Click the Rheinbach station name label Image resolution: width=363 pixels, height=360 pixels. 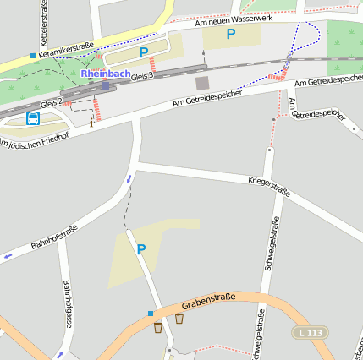point(105,73)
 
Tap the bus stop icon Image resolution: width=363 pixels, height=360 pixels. point(33,118)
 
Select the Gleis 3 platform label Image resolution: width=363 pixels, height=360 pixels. point(141,77)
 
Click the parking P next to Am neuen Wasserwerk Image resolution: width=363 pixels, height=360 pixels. point(230,35)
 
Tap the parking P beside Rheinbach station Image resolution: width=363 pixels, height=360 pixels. point(144,52)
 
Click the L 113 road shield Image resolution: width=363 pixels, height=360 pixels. point(311,333)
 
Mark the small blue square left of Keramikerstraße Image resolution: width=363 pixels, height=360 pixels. point(33,56)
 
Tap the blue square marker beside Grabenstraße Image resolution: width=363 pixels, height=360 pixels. point(151,314)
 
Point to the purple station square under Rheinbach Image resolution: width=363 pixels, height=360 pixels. point(105,85)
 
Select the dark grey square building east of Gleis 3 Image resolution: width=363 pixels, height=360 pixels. point(201,83)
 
